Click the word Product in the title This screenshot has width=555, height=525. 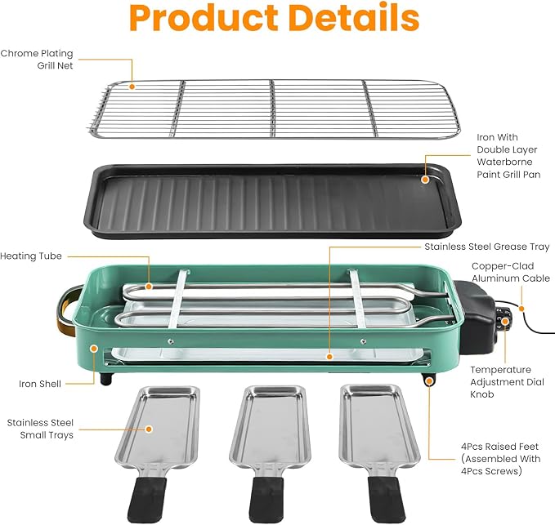(x=204, y=18)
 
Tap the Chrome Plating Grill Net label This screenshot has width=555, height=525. (x=37, y=60)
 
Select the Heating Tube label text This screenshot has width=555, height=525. (x=31, y=256)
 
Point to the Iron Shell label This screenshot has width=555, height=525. (x=40, y=384)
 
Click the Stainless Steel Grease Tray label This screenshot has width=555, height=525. (x=486, y=247)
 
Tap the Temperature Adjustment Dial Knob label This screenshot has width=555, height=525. (x=507, y=382)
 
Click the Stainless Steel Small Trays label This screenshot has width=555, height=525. (x=40, y=429)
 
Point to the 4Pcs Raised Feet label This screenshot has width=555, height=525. (x=500, y=459)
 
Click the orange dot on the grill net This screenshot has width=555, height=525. (x=132, y=87)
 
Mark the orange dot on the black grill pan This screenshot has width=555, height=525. (x=425, y=180)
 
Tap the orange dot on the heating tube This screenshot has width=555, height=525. (x=149, y=287)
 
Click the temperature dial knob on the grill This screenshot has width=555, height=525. (x=504, y=319)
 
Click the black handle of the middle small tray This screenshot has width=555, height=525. (x=266, y=499)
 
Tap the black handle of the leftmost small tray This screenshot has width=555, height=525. (x=146, y=500)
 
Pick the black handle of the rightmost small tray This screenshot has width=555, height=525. (x=386, y=499)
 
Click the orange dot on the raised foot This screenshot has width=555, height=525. (x=429, y=381)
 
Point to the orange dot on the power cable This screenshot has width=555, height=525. (x=521, y=309)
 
